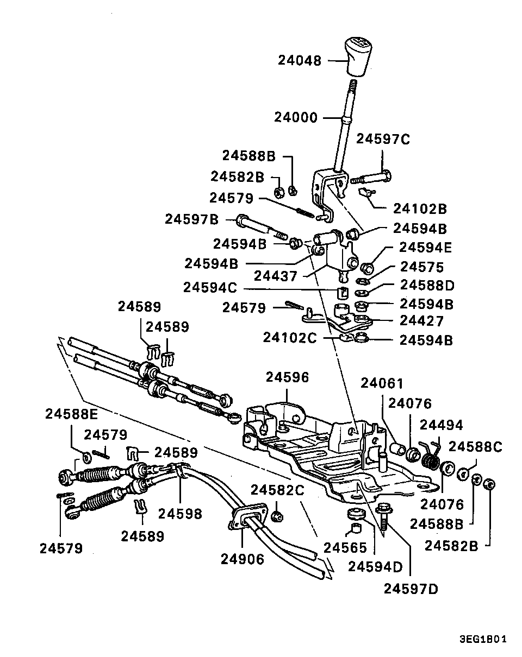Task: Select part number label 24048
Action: click(x=300, y=60)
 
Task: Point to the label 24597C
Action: click(x=383, y=139)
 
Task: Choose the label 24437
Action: click(x=278, y=276)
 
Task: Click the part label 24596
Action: click(x=287, y=377)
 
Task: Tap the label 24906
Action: click(x=242, y=559)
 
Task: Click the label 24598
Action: click(x=180, y=514)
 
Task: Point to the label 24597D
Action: click(x=411, y=589)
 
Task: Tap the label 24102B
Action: click(x=420, y=209)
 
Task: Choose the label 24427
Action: click(x=421, y=321)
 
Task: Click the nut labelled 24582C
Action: click(x=277, y=515)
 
